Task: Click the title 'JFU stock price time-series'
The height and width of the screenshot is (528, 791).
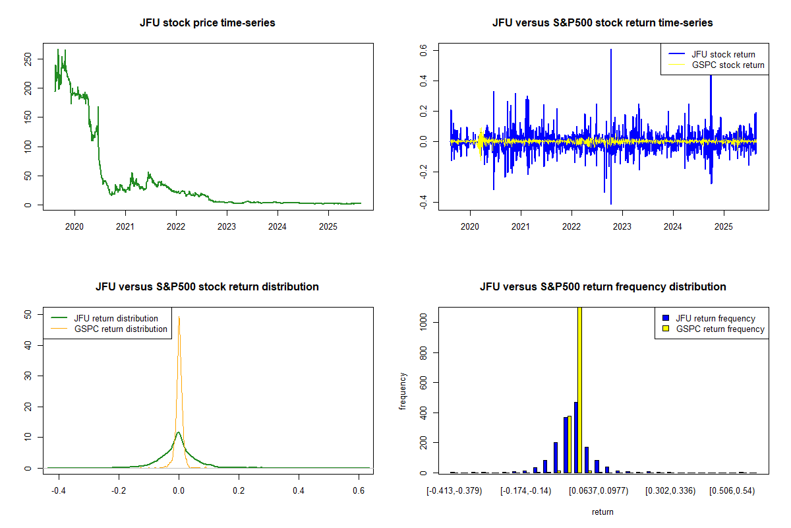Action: click(208, 22)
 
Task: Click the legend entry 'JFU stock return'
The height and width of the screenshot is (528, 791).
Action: click(723, 54)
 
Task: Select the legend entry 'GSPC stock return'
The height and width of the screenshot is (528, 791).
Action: click(728, 65)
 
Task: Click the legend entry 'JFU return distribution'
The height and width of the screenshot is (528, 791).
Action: click(116, 318)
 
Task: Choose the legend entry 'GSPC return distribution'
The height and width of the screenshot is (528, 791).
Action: click(121, 329)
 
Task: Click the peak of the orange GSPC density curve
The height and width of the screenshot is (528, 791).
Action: click(179, 317)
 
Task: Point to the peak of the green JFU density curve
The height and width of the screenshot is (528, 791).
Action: click(179, 433)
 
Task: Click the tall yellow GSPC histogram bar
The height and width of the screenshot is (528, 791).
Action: click(580, 389)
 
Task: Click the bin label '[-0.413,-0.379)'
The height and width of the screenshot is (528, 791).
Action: click(454, 491)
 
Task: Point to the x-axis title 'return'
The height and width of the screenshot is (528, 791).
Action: click(602, 511)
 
